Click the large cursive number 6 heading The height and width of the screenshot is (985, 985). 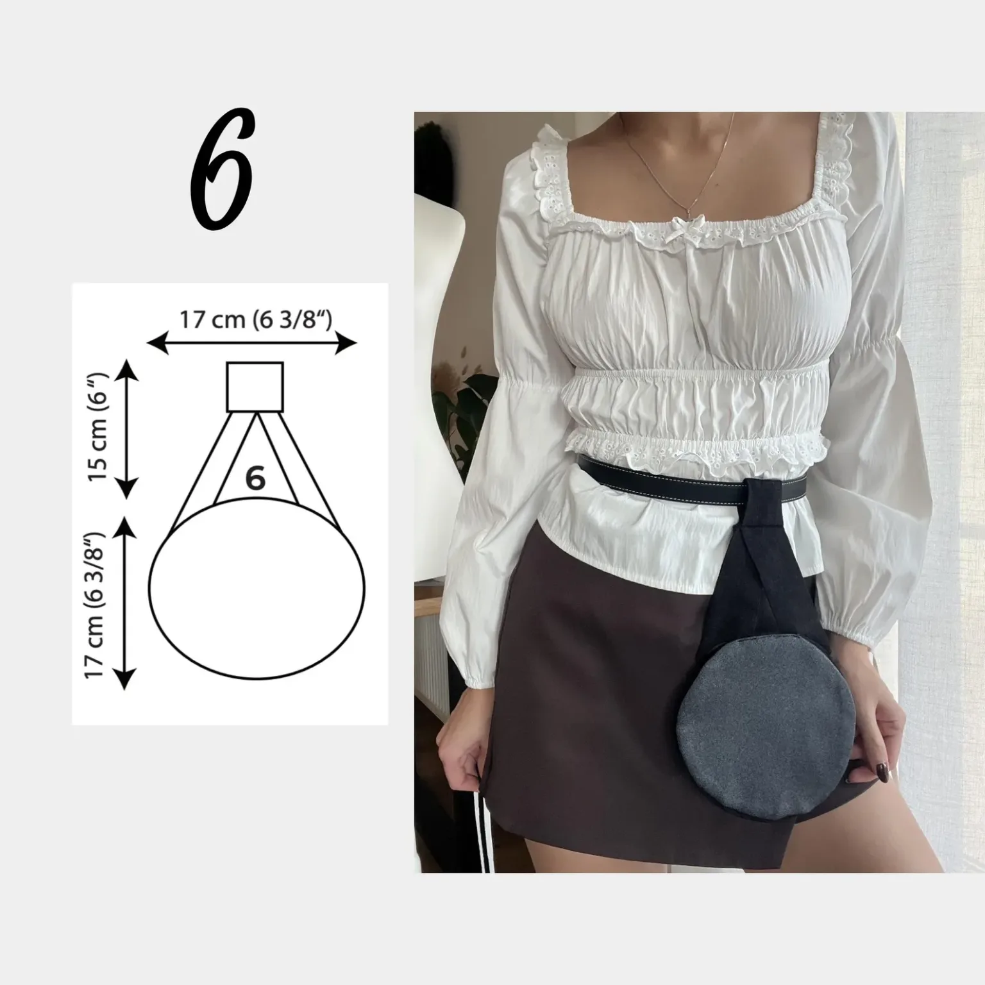coord(221,168)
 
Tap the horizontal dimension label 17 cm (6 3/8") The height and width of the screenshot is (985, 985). coord(255,319)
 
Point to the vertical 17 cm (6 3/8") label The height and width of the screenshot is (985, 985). coord(94,604)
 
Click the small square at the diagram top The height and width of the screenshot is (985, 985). coord(255,387)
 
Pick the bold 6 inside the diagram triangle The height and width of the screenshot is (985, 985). coord(255,478)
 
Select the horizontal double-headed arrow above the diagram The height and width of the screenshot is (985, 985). coord(251,344)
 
